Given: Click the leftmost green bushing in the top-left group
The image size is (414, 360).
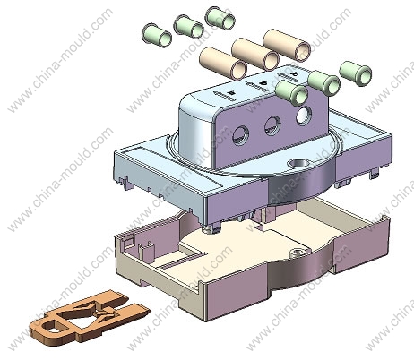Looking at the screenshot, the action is click(157, 35).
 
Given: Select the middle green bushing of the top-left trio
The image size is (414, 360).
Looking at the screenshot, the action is click(189, 26).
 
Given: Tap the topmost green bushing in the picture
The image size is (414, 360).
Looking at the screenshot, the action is click(220, 17).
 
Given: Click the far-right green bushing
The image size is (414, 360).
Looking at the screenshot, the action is click(356, 73).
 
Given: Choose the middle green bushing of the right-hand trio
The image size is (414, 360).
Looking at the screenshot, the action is click(323, 83).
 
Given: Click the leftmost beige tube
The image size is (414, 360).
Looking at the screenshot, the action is click(223, 64).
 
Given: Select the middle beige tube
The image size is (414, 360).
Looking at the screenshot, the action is click(255, 54).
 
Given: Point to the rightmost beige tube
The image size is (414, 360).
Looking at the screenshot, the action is click(287, 46).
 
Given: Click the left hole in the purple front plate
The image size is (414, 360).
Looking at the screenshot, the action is click(240, 135).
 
